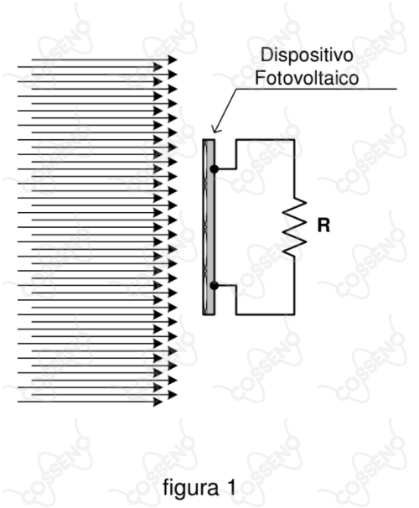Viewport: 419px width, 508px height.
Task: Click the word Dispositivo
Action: click(307, 54)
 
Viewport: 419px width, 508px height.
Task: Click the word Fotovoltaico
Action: click(307, 78)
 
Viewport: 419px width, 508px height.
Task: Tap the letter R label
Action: click(323, 225)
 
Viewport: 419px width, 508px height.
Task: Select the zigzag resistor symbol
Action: click(294, 227)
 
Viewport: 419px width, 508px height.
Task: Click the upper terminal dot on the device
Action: click(214, 168)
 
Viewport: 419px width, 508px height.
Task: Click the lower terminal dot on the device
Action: click(214, 285)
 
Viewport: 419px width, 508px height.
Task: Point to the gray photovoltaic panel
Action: click(209, 227)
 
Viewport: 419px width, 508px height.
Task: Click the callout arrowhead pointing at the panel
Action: click(216, 129)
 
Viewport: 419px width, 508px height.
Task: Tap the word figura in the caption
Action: click(191, 487)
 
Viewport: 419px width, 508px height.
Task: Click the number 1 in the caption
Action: click(231, 487)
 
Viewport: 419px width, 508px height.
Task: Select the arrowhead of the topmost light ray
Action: click(173, 60)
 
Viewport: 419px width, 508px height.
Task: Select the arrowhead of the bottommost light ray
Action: click(158, 402)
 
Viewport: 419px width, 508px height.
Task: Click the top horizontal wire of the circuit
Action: click(265, 140)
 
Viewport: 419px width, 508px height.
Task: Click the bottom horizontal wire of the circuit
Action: click(265, 314)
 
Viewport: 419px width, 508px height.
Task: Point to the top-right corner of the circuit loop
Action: click(294, 140)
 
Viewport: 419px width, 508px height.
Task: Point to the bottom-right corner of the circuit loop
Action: click(294, 314)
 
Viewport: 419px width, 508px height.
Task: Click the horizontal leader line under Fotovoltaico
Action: click(317, 89)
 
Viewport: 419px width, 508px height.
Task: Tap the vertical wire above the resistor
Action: click(294, 168)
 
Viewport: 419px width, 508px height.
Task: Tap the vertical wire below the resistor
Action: click(294, 285)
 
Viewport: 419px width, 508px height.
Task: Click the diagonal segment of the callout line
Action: click(225, 110)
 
